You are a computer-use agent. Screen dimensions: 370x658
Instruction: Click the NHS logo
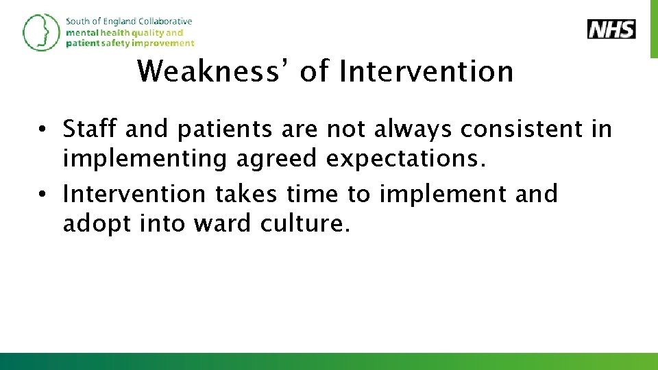point(611,29)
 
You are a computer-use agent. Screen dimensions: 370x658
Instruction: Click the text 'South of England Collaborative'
point(129,21)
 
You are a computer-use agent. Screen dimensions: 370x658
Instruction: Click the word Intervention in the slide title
point(426,71)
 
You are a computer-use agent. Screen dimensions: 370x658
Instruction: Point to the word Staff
point(88,129)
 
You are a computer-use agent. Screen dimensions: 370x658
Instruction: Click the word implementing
point(145,158)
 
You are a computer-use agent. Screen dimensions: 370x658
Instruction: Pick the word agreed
point(276,158)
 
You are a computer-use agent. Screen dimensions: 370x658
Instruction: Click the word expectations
point(406,158)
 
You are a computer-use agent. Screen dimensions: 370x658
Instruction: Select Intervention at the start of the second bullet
point(133,194)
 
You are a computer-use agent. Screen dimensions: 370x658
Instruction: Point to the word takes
point(245,194)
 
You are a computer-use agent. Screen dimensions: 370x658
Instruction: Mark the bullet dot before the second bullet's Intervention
point(42,195)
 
